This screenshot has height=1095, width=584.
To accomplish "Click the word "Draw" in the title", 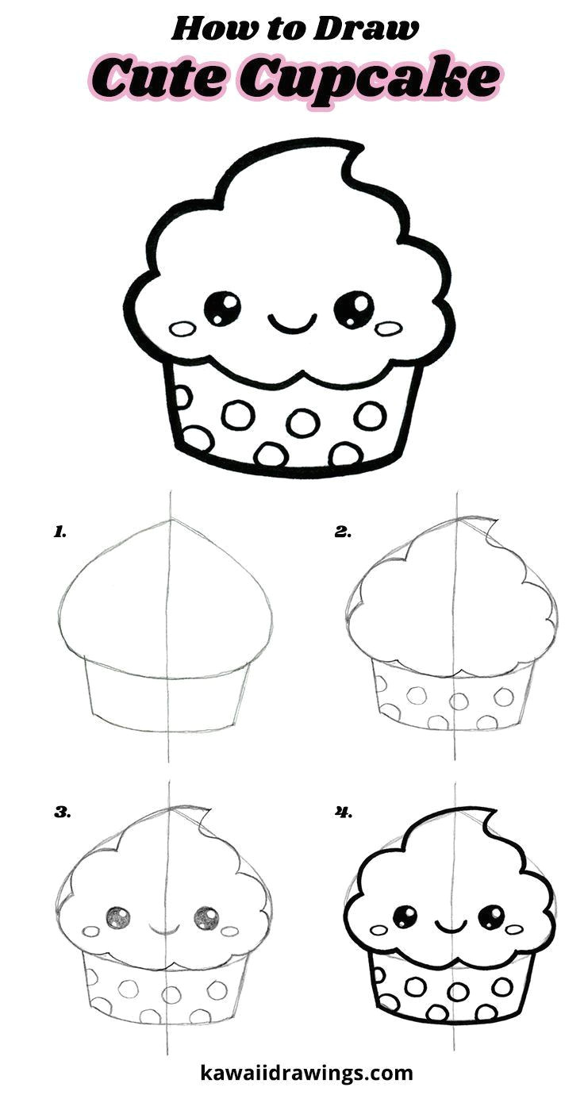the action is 366,29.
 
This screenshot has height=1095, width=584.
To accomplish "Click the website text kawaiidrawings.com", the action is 306,1070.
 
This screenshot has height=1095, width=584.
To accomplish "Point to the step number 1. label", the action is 60,532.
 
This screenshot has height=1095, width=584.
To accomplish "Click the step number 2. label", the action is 343,532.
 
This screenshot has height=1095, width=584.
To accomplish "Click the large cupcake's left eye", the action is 222,308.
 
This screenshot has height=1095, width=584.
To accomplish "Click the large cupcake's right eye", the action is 354,309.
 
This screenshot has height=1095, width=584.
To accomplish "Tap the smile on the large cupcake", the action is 292,323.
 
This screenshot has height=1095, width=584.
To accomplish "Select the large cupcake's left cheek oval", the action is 182,328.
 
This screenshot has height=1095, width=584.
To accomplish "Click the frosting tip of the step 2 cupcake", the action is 491,524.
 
